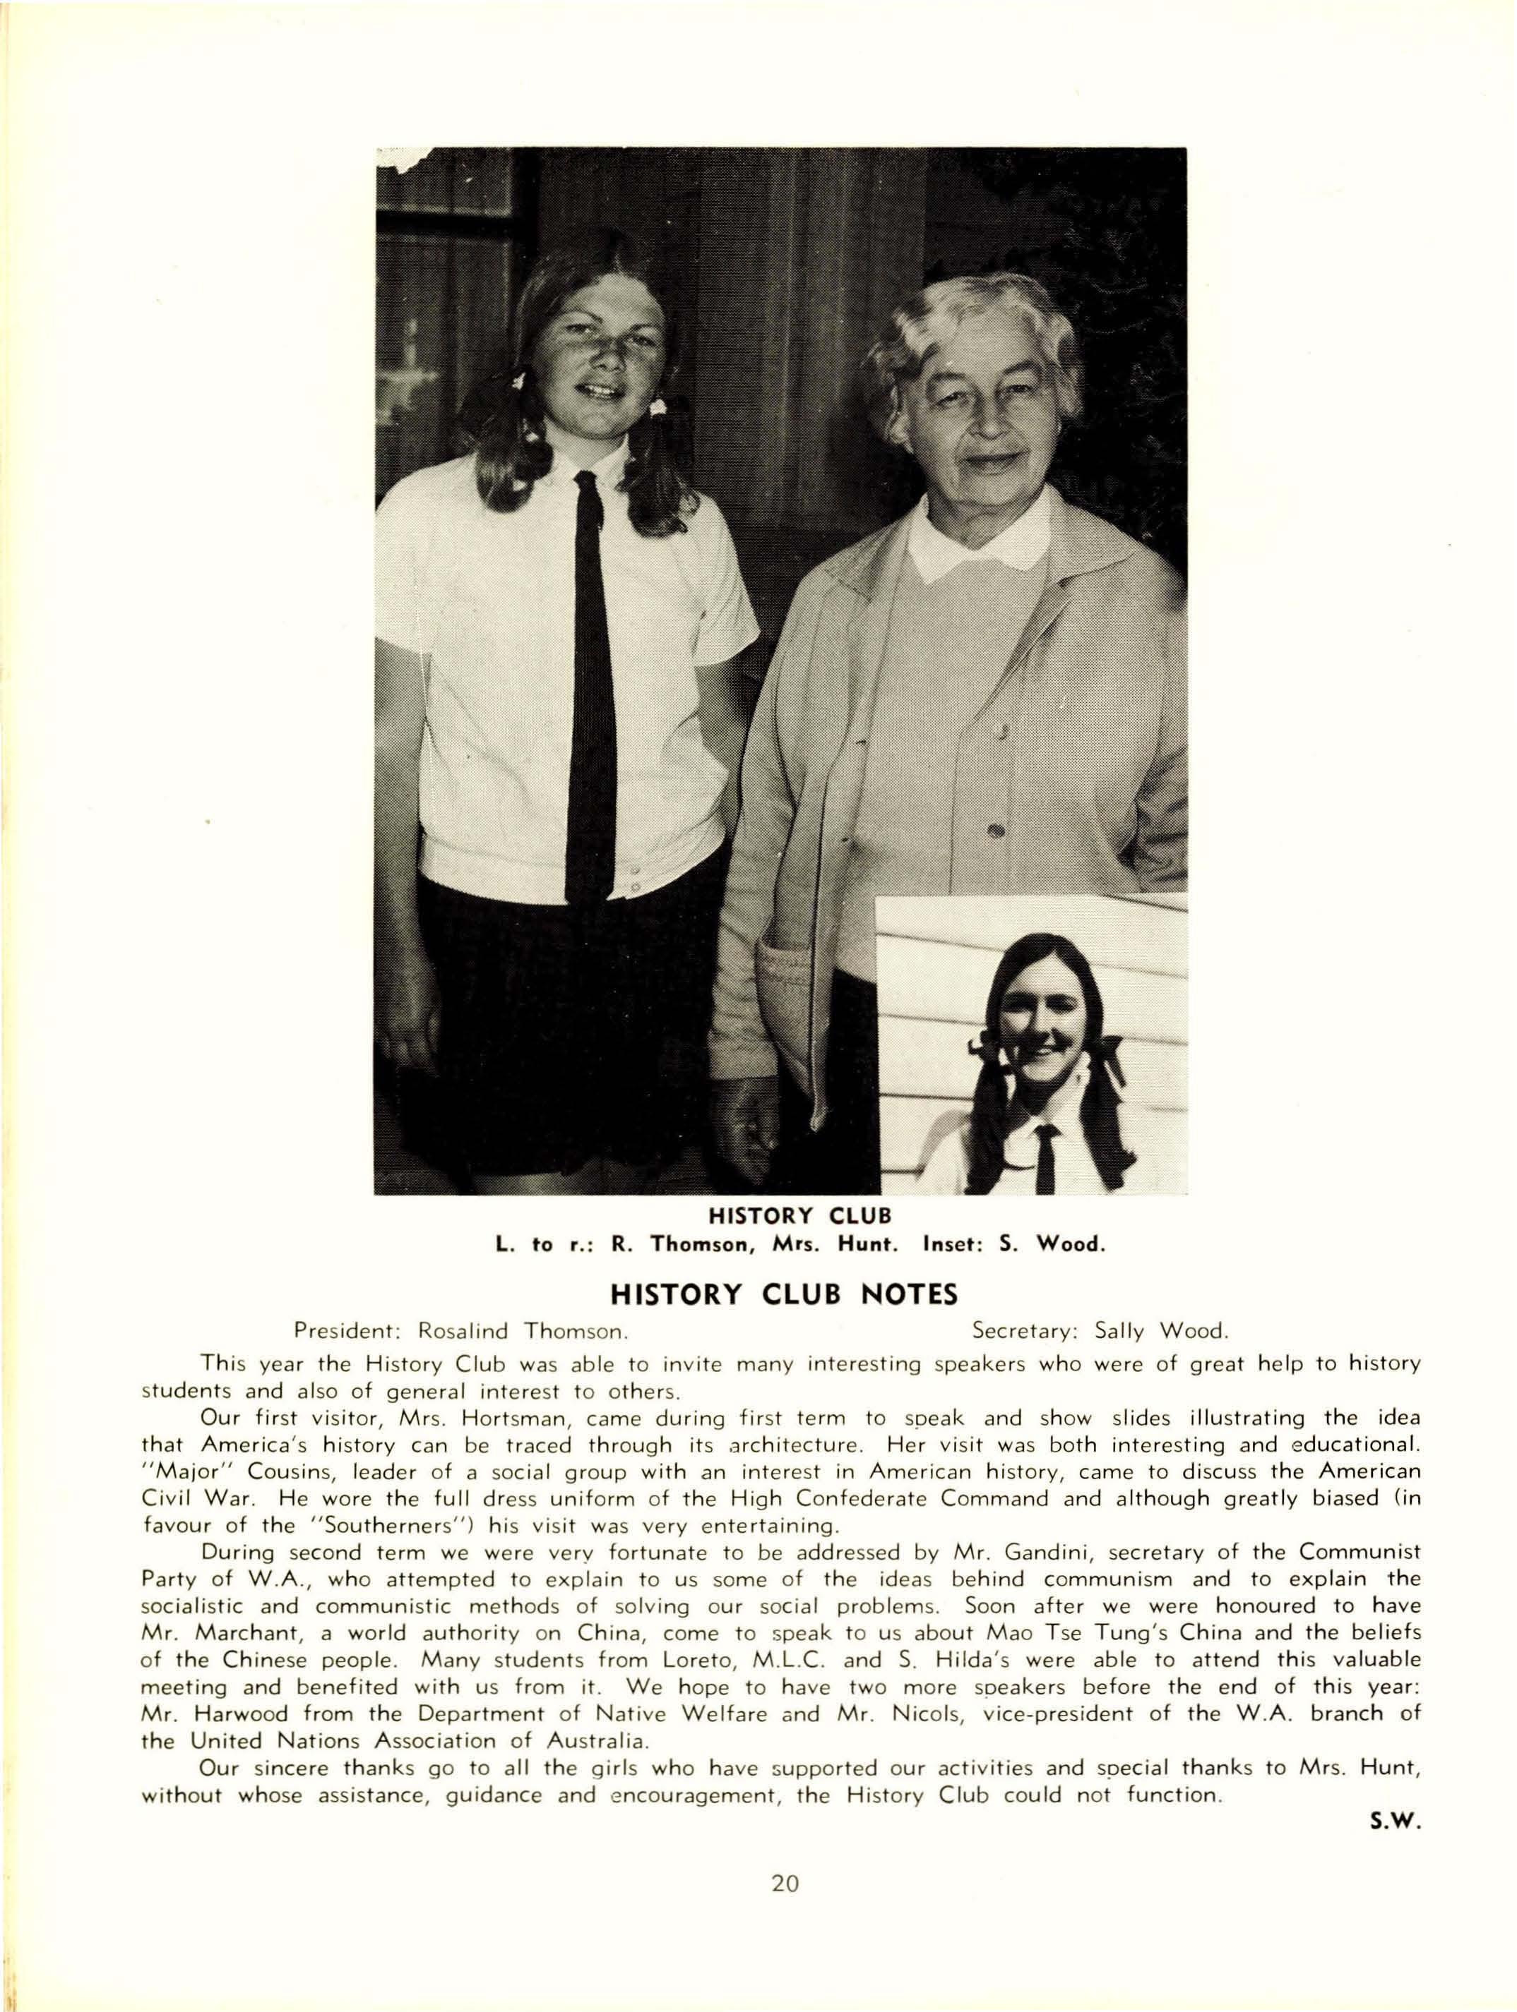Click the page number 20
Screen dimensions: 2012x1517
[x=785, y=1884]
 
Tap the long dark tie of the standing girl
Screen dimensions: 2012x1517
[x=592, y=692]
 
